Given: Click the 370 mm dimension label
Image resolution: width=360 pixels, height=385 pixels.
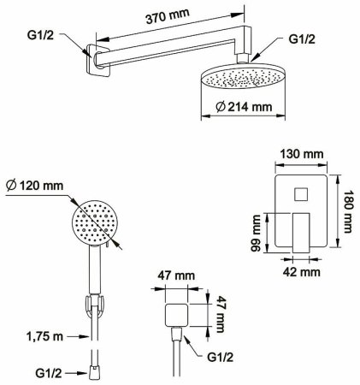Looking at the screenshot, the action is (168, 16).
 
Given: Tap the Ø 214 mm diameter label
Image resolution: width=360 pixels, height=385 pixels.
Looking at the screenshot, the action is (244, 107).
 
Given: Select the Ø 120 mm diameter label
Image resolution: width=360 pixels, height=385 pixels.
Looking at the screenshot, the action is (34, 186).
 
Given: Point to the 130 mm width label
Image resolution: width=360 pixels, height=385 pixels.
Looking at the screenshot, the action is (302, 154).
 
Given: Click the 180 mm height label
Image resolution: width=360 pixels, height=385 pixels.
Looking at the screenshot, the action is (348, 211).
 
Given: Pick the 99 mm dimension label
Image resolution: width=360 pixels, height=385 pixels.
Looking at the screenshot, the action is (256, 234).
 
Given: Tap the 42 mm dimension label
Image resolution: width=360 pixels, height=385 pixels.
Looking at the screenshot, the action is (302, 272).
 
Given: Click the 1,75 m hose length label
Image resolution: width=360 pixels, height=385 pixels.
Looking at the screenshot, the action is (44, 336).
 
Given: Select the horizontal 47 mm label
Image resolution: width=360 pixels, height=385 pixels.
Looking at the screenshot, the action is (176, 275).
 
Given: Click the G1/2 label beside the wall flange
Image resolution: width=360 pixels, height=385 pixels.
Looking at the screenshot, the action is (40, 35).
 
